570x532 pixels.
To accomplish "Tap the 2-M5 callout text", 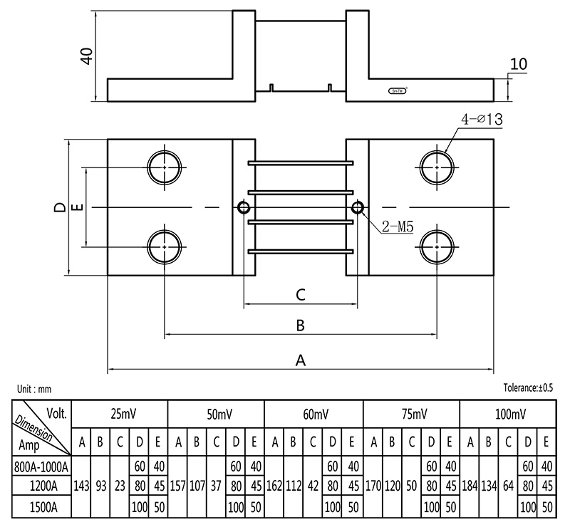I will pos(398,226).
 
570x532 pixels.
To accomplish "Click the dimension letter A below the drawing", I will pos(300,360).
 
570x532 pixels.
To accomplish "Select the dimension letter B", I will pos(300,325).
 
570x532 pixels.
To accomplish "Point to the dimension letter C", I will pos(300,294).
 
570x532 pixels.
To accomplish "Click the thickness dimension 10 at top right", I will pos(519,63).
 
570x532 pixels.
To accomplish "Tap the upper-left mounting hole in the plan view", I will pos(165,167).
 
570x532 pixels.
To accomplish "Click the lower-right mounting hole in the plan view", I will pos(436,246).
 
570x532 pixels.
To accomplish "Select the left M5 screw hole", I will pos(244,207).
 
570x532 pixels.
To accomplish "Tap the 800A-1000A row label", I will pos(42,466).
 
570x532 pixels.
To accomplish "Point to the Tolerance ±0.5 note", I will pos(528,388).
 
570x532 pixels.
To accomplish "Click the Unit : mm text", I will pos(34,389).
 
